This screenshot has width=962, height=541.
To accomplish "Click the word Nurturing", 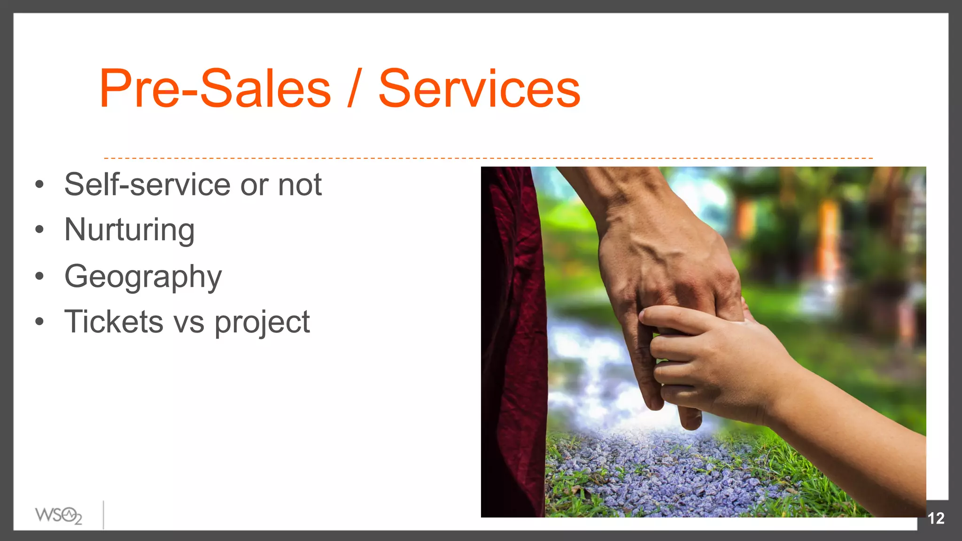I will point(130,230).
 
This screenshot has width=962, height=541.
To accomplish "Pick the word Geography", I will point(143,277).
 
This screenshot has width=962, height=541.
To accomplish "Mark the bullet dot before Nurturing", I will point(39,230).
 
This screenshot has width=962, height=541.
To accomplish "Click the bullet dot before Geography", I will point(39,276).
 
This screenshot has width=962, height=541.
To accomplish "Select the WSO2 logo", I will point(58,516).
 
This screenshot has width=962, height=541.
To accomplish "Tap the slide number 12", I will point(936,518).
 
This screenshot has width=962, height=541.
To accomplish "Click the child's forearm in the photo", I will point(846,423).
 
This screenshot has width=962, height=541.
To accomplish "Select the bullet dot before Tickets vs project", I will point(39,322).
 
